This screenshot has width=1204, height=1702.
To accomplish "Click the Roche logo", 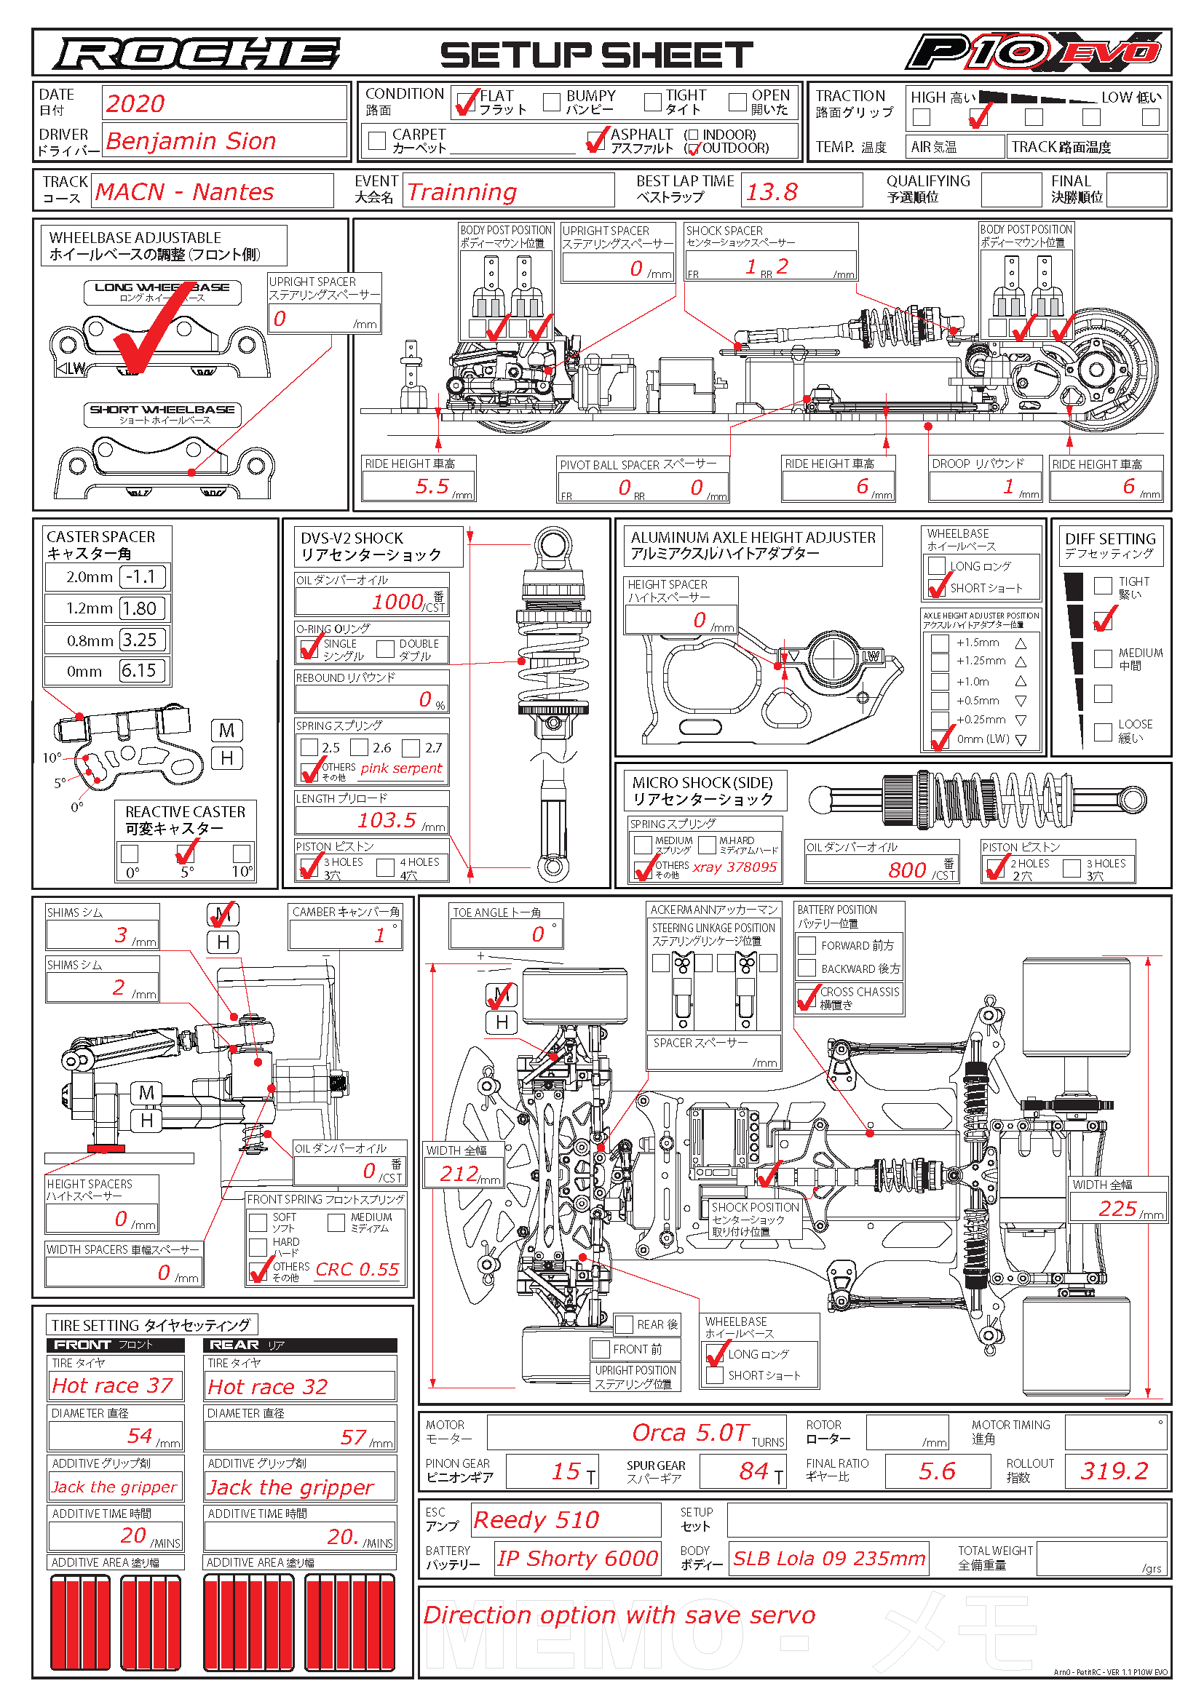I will click(197, 54).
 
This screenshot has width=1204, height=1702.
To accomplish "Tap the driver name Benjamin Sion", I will click(191, 141).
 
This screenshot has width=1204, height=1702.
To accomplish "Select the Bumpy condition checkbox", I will click(552, 102).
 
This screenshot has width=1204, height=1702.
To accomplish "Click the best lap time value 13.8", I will click(772, 192).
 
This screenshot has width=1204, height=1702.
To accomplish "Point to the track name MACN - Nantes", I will click(185, 192).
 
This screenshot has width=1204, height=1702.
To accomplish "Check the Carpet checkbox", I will click(377, 140).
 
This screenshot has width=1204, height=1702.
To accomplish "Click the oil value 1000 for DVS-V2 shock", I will click(397, 601).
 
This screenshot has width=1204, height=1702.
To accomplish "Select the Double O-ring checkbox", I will click(386, 648).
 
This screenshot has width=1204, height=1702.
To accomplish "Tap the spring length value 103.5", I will click(387, 820).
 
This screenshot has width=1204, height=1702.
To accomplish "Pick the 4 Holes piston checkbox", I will click(386, 867).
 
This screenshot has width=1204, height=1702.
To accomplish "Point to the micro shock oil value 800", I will click(907, 870).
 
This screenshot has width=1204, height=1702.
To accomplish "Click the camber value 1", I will click(379, 935).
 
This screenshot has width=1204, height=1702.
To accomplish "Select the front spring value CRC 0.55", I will click(357, 1270).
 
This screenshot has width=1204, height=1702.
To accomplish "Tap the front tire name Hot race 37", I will click(113, 1385).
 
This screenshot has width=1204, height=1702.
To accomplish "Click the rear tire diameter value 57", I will click(354, 1437).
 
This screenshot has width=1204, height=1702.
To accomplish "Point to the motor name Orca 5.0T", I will click(689, 1433).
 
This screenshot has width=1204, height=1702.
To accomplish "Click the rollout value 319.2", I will click(1114, 1471).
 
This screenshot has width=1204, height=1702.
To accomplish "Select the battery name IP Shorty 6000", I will click(577, 1558).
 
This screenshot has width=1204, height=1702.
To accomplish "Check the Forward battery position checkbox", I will click(807, 945).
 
